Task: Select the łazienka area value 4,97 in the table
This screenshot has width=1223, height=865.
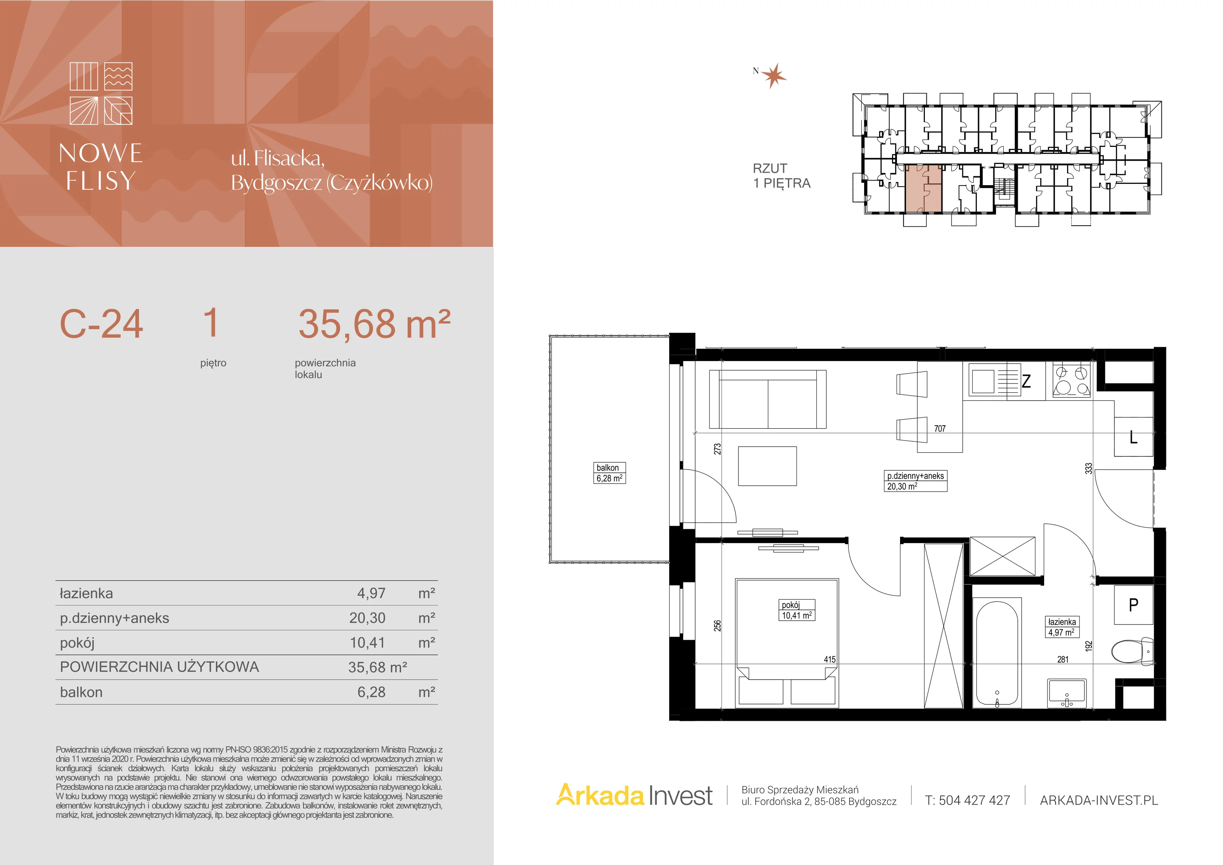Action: coord(371,593)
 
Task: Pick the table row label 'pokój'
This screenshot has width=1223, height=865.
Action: coord(77,643)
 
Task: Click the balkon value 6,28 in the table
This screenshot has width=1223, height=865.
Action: coord(371,692)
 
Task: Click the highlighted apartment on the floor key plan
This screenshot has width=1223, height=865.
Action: coord(924,189)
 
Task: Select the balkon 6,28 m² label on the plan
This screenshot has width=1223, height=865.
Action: coord(609,473)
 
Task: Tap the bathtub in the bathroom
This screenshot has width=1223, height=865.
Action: coord(997,652)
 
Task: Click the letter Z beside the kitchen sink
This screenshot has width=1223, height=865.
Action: coord(1026,381)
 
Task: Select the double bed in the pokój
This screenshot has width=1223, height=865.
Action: coord(787,643)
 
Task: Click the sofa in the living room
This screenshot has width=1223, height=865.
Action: coord(767,399)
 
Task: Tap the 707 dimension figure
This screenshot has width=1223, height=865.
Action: coord(940,429)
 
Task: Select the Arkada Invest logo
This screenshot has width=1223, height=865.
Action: coord(634,796)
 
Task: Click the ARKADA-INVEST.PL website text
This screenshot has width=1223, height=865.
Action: coord(1099,800)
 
